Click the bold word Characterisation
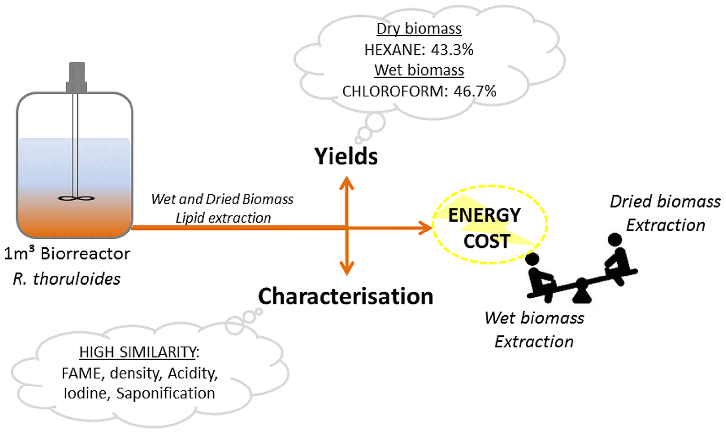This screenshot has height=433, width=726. [345, 295]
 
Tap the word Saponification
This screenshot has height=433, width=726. [165, 393]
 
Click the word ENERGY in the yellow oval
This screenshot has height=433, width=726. [485, 215]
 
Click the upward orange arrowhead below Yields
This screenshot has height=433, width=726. [347, 182]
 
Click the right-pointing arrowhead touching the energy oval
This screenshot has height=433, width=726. [425, 227]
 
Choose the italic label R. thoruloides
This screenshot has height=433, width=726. [67, 278]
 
